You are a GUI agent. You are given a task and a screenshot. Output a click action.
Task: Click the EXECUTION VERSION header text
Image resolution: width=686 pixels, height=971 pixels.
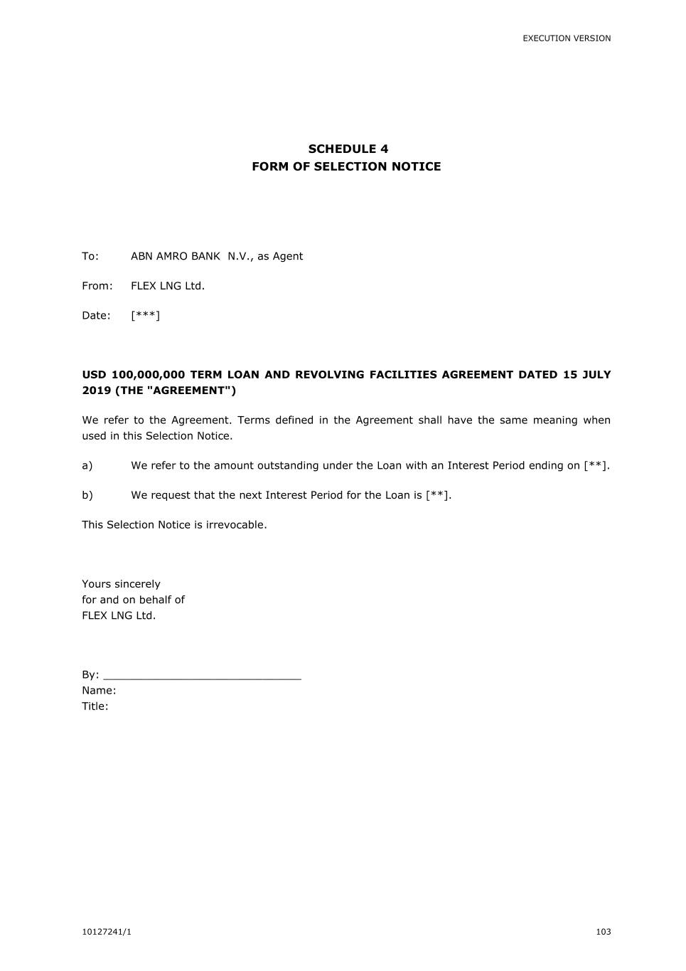click(567, 38)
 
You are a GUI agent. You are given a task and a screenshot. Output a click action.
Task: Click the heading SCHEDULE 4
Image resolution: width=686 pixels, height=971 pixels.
click(348, 149)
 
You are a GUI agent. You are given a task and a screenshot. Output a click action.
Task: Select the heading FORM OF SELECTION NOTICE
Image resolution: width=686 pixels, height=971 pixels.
click(346, 166)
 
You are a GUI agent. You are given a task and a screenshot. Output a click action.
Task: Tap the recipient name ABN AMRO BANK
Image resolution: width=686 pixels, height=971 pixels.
click(176, 256)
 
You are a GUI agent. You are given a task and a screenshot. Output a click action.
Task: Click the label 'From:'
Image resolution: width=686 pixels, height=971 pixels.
click(97, 286)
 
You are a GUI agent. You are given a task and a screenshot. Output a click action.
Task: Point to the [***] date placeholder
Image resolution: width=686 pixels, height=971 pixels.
click(145, 316)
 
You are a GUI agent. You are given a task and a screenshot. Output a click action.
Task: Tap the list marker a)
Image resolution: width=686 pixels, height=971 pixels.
click(87, 466)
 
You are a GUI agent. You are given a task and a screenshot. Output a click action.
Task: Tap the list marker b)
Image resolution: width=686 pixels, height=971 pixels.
click(87, 496)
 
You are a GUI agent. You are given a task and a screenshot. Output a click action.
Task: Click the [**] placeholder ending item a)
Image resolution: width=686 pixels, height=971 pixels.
click(596, 466)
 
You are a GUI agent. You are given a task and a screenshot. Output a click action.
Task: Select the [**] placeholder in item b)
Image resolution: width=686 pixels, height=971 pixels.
click(437, 496)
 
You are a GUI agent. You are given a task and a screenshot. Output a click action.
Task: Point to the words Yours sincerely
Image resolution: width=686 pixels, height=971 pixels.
click(121, 584)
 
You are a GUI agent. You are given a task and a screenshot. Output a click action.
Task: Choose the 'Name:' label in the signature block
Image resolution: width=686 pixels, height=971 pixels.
click(99, 691)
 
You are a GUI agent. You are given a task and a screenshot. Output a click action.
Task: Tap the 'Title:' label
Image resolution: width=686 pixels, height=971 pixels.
click(95, 706)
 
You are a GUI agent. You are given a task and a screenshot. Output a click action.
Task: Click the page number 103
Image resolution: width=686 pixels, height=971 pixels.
click(603, 932)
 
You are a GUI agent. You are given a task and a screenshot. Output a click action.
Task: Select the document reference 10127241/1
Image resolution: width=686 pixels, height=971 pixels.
click(107, 932)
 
